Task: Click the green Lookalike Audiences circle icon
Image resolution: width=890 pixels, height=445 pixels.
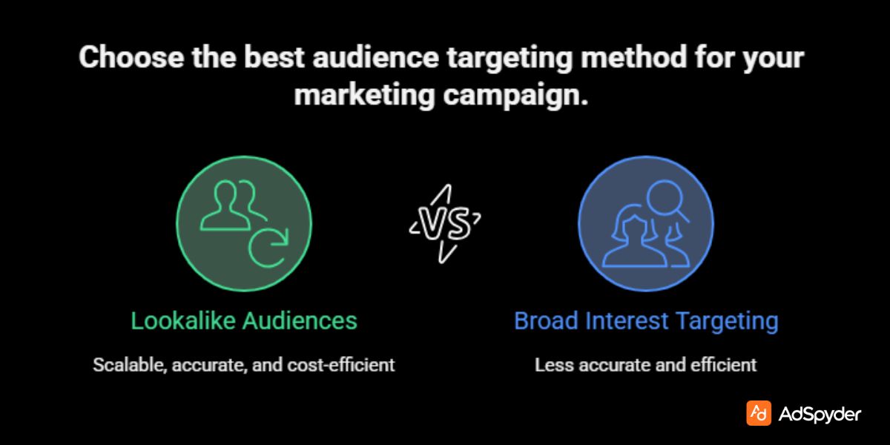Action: point(243,223)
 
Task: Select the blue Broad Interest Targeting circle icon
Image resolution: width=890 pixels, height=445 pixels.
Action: point(646,223)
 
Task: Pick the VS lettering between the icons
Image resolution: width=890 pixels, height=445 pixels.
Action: point(445,223)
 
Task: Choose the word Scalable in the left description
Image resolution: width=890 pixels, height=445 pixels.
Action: point(122,365)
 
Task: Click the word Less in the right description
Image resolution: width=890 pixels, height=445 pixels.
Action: point(550,365)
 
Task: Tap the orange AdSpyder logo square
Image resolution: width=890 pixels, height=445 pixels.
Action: point(758,414)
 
